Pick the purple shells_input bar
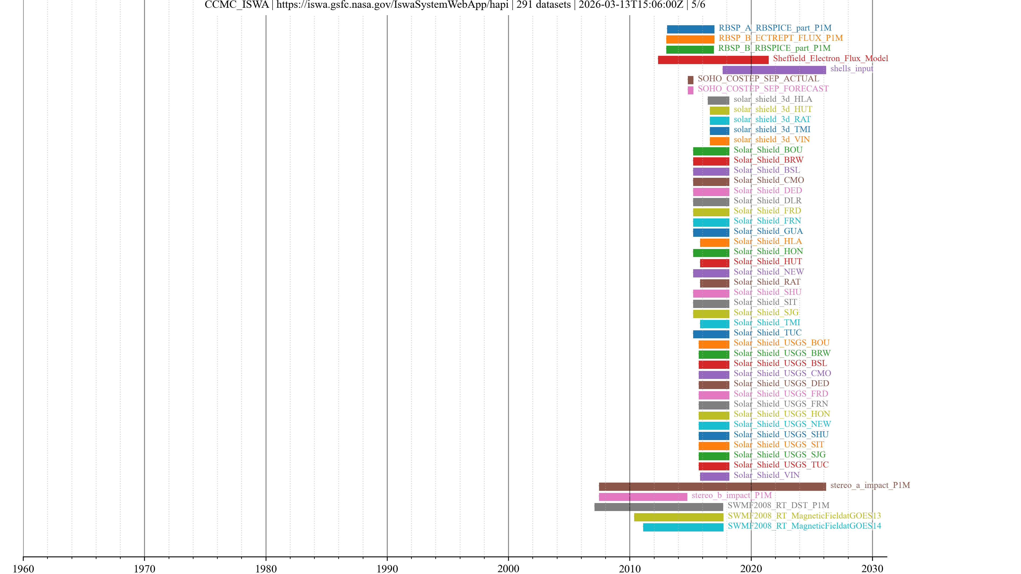(774, 70)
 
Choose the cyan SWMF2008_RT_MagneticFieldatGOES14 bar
(683, 527)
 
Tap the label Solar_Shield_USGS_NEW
(782, 424)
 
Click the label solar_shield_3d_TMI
(771, 129)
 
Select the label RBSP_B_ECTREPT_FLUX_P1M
(780, 38)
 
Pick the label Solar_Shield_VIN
(766, 475)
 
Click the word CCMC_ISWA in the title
(237, 5)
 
